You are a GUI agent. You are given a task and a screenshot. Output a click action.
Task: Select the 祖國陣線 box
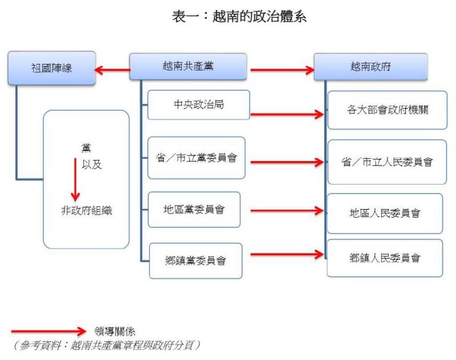click(51, 68)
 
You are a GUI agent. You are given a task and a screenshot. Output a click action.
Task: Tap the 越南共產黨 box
click(188, 66)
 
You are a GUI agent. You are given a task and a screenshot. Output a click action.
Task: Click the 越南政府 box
click(370, 67)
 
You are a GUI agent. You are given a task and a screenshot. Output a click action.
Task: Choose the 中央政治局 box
click(198, 105)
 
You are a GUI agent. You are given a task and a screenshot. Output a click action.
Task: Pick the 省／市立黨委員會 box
click(196, 158)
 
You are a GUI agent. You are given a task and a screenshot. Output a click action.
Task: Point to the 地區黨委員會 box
click(194, 210)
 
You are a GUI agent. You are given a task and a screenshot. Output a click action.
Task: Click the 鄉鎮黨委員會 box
click(196, 261)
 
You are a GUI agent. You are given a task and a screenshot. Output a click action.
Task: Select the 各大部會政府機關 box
click(387, 109)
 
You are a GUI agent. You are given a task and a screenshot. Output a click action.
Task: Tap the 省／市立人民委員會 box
click(387, 162)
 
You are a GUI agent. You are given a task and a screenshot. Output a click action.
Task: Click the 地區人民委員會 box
click(385, 214)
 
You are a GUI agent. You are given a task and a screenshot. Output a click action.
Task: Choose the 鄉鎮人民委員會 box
click(385, 258)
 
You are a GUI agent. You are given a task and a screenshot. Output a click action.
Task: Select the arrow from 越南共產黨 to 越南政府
click(282, 71)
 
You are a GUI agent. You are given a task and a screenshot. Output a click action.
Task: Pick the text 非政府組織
click(87, 210)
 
